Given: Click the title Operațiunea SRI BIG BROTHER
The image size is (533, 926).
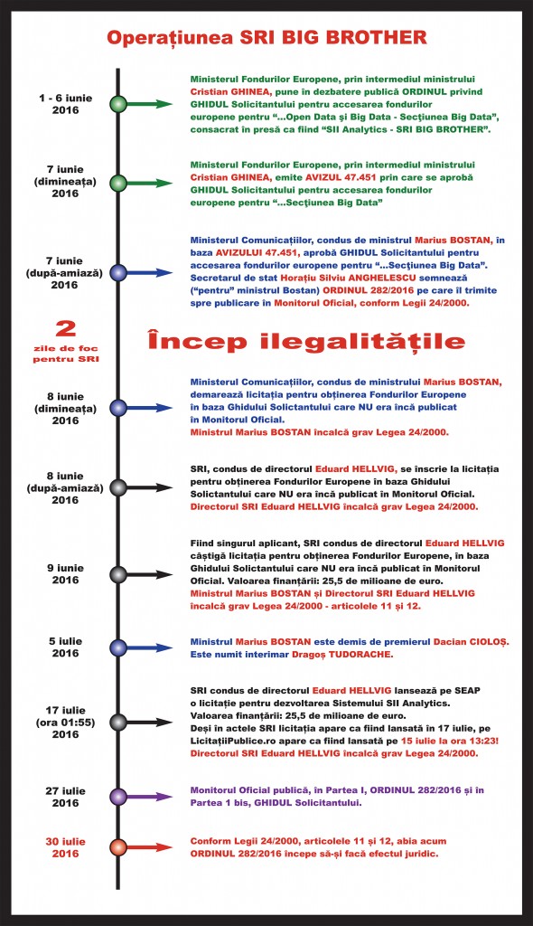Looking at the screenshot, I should click(x=266, y=38).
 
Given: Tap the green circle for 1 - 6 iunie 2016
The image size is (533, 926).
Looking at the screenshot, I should click(x=117, y=104).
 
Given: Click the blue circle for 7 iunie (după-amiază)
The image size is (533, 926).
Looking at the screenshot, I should click(x=117, y=272).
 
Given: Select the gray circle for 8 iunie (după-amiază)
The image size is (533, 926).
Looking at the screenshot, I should click(x=117, y=488).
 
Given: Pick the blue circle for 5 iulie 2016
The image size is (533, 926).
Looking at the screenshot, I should click(x=117, y=647).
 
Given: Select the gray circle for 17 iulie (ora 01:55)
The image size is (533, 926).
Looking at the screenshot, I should click(x=117, y=721).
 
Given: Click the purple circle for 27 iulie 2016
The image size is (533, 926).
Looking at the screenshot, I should click(x=117, y=797).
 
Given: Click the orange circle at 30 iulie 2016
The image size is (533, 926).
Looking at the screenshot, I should click(x=117, y=847).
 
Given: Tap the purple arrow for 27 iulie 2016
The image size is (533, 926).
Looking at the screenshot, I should click(x=152, y=797).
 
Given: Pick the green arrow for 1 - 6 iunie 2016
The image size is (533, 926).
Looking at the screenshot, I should click(x=152, y=104).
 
